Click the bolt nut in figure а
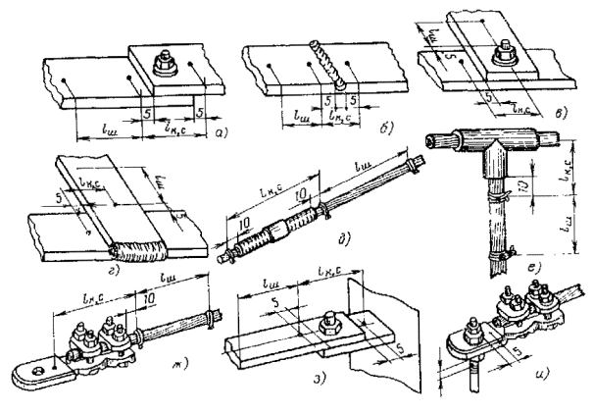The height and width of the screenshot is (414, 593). (164, 65)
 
